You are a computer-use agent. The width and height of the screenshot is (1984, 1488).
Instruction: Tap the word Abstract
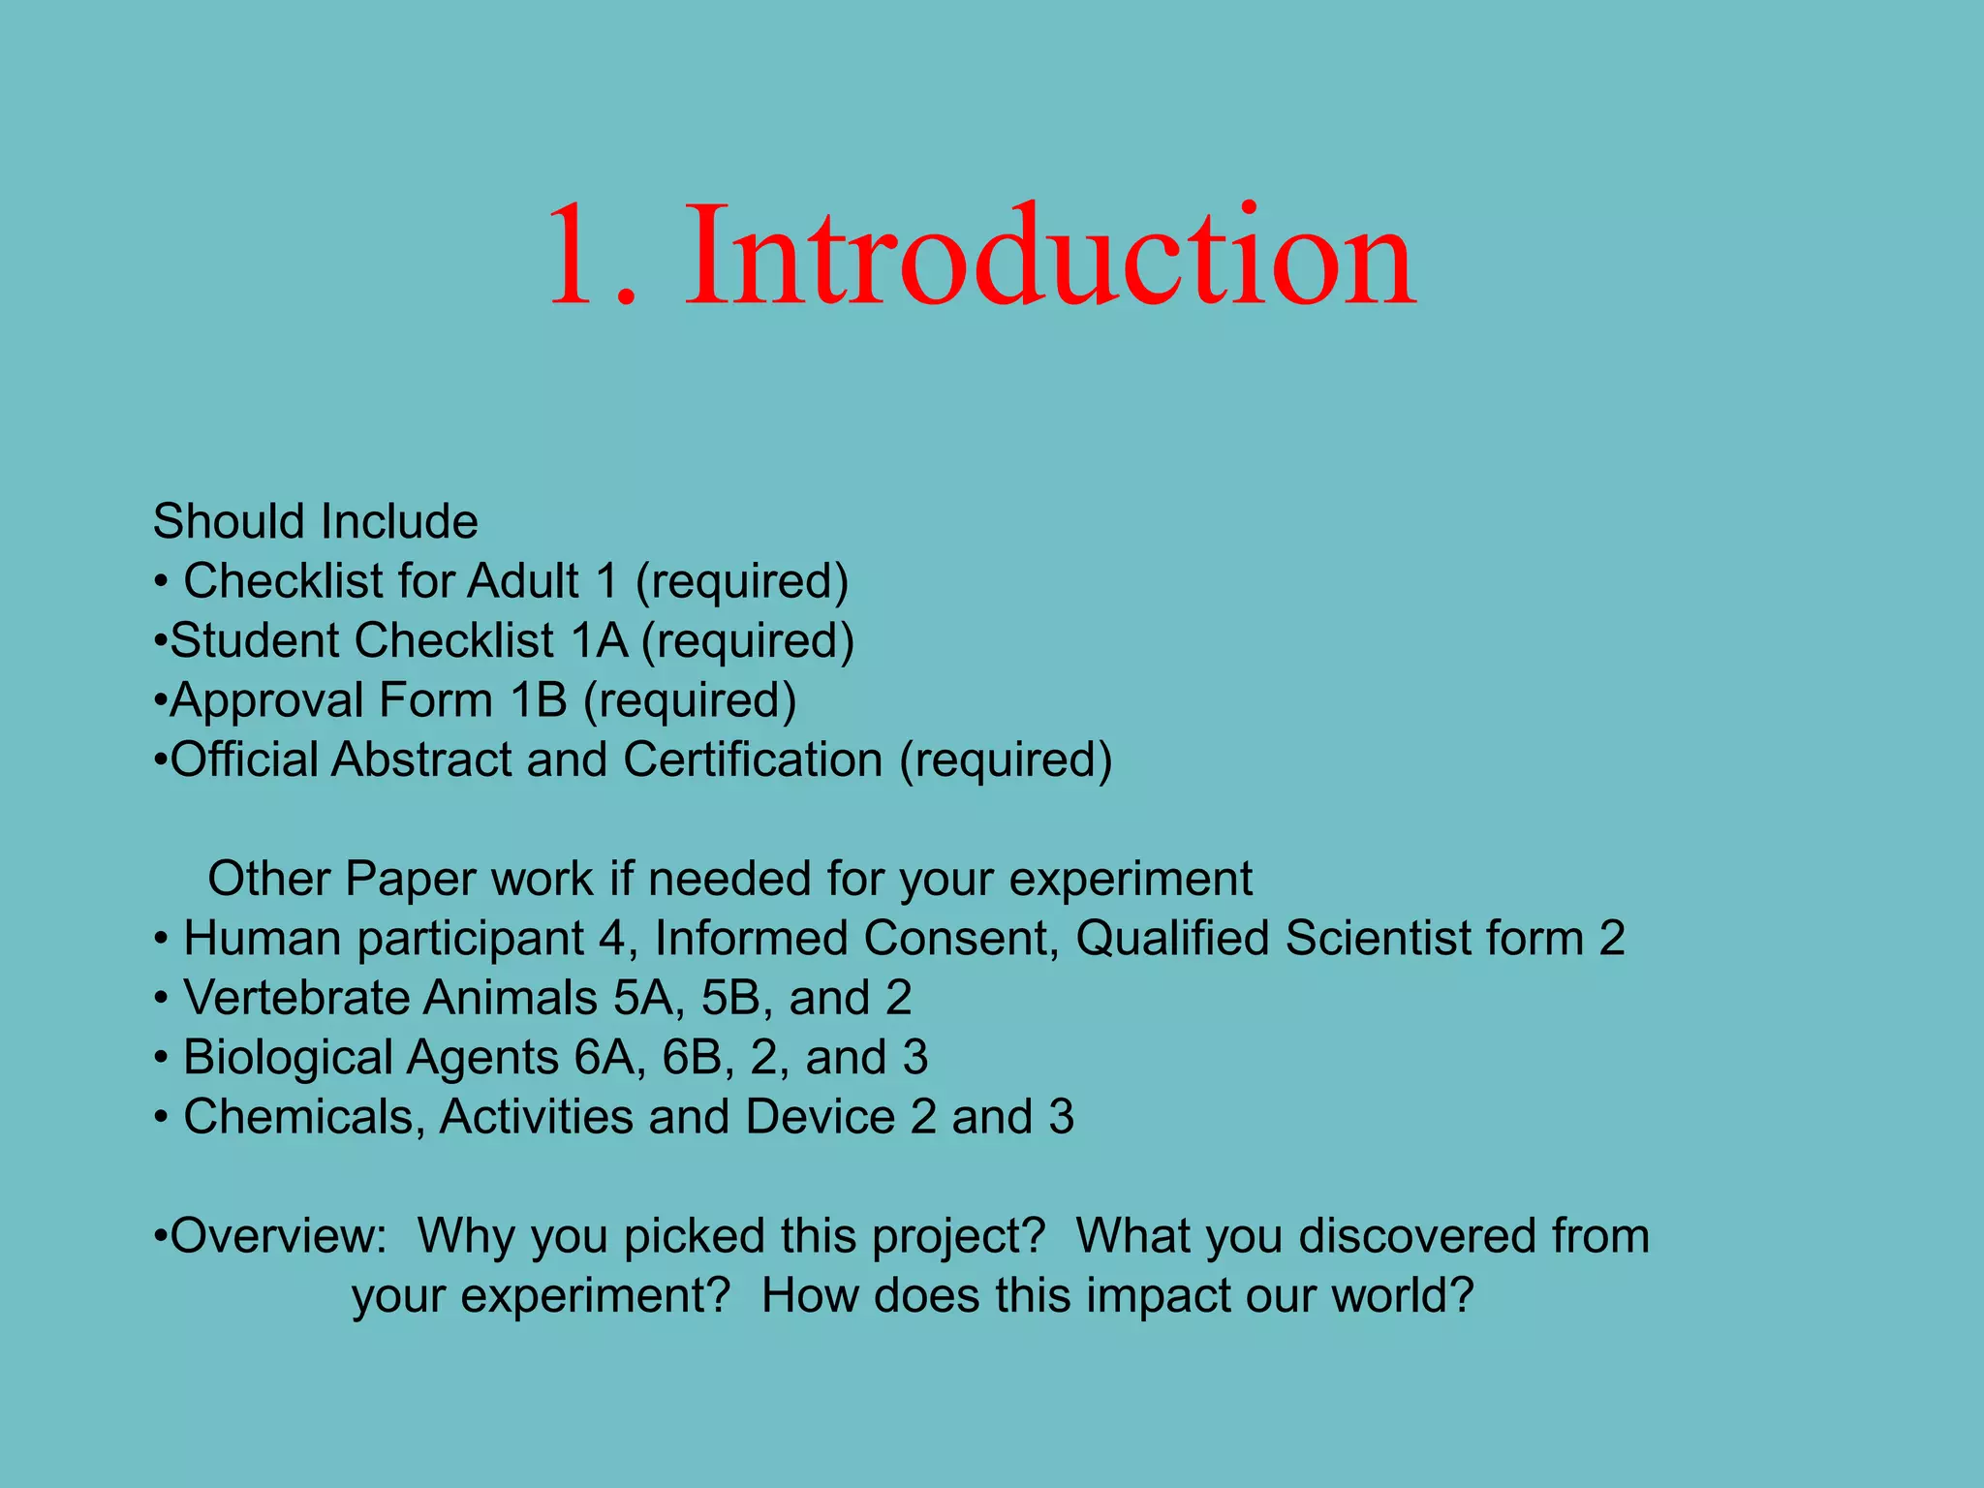point(421,759)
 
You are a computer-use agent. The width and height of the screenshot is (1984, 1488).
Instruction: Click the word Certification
point(753,759)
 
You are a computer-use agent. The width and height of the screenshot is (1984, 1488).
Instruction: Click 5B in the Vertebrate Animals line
point(730,999)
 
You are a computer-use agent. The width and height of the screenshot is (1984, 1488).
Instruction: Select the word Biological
point(288,1058)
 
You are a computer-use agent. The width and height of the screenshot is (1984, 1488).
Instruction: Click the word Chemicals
point(304,1118)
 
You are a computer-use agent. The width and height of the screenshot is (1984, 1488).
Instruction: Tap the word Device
point(820,1118)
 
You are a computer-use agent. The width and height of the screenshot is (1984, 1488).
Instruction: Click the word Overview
point(277,1237)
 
